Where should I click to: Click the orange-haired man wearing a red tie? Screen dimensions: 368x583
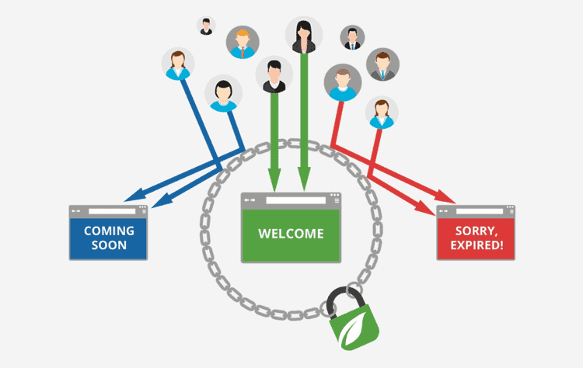242,42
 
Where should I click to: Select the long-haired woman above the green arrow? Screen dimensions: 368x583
303,34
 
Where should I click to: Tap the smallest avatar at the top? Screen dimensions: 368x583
206,26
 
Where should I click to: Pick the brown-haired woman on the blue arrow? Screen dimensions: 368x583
178,63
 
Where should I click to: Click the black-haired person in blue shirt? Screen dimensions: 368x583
223,94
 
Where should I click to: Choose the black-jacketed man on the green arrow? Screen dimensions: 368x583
274,75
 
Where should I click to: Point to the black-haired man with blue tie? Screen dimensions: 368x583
352,36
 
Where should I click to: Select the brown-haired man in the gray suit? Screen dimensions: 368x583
382,64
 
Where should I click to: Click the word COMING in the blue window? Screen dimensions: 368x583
108,231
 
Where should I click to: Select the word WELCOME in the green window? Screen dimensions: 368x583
290,234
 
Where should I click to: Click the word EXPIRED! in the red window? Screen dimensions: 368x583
476,248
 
